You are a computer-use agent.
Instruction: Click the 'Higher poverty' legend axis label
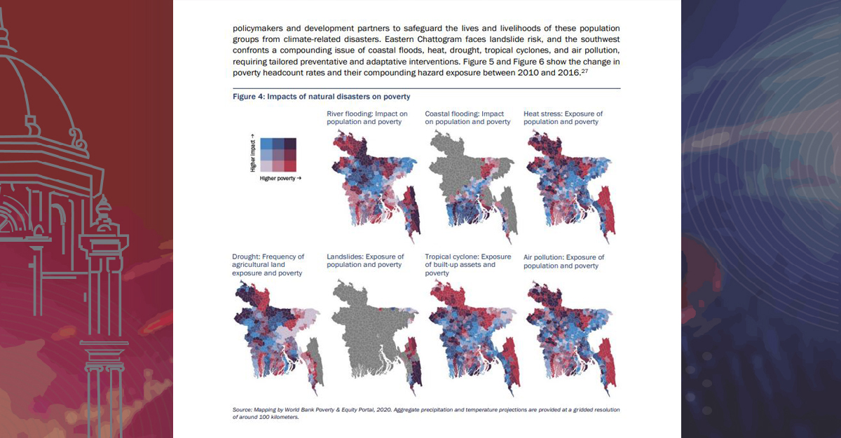click(280, 179)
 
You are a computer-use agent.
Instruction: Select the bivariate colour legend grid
click(278, 155)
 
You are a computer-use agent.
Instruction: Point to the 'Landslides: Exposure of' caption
click(365, 257)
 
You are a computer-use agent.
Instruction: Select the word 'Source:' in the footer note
click(242, 409)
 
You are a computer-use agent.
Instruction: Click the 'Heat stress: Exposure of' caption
click(563, 114)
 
